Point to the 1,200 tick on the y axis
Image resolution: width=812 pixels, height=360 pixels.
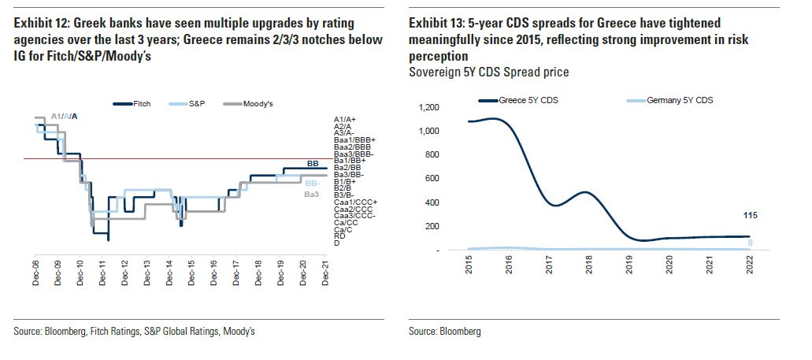(x=428, y=107)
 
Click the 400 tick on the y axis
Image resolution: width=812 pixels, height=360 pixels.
(x=432, y=202)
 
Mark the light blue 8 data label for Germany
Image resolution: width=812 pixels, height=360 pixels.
(x=751, y=243)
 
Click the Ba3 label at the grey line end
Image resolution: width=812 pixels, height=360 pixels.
(x=311, y=194)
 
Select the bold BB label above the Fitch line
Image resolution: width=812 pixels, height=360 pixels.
(x=313, y=163)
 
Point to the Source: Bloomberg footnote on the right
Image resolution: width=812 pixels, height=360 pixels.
(x=444, y=332)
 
